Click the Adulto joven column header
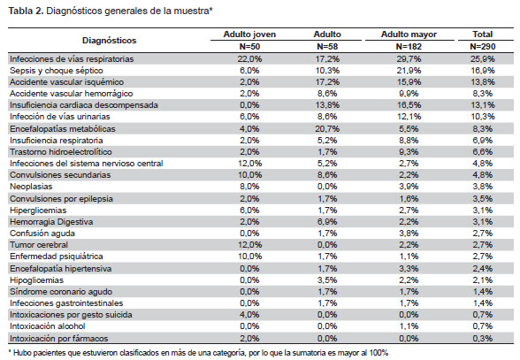pyautogui.click(x=249, y=34)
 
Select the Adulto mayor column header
pyautogui.click(x=409, y=34)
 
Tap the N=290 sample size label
pyautogui.click(x=483, y=47)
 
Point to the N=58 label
pyautogui.click(x=327, y=47)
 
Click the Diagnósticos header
pyautogui.click(x=109, y=41)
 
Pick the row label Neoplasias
pyautogui.click(x=31, y=187)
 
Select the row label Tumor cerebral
pyautogui.click(x=39, y=245)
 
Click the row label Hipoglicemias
pyautogui.click(x=36, y=280)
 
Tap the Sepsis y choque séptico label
pyautogui.click(x=57, y=71)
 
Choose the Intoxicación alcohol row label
pyautogui.click(x=48, y=326)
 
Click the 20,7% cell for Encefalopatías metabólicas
pyautogui.click(x=327, y=129)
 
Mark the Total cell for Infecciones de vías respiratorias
pyautogui.click(x=483, y=59)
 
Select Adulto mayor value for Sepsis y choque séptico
pyautogui.click(x=409, y=71)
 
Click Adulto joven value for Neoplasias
pyautogui.click(x=249, y=187)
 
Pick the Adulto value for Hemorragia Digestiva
pyautogui.click(x=327, y=222)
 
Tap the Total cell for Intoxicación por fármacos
pyautogui.click(x=483, y=339)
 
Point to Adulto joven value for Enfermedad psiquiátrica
pyautogui.click(x=249, y=257)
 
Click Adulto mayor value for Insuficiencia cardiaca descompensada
pyautogui.click(x=409, y=105)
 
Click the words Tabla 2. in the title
pyautogui.click(x=26, y=11)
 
